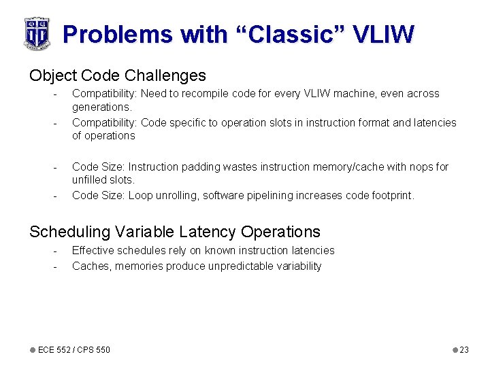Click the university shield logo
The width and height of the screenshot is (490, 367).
[x=37, y=33]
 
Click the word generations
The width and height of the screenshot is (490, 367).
[x=101, y=107]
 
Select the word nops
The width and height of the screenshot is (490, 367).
[x=421, y=167]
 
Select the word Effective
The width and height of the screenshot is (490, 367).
[x=93, y=250]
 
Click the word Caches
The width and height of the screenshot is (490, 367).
[x=91, y=266]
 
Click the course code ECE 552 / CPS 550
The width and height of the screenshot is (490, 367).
[x=73, y=349]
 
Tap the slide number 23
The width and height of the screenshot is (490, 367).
[x=464, y=349]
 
